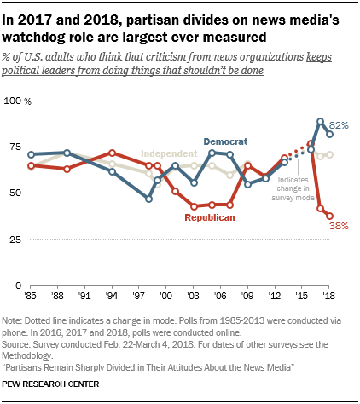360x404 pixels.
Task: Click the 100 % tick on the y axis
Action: tap(19, 101)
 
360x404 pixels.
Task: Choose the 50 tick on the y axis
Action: tap(13, 193)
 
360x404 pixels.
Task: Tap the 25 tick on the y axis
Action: tap(13, 240)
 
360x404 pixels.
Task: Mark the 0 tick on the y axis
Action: tap(15, 286)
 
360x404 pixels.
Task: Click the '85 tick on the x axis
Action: tap(32, 297)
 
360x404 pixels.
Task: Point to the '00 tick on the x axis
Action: tap(166, 297)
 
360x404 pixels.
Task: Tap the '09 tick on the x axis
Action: tap(248, 297)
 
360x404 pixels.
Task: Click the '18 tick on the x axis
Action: tap(329, 297)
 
